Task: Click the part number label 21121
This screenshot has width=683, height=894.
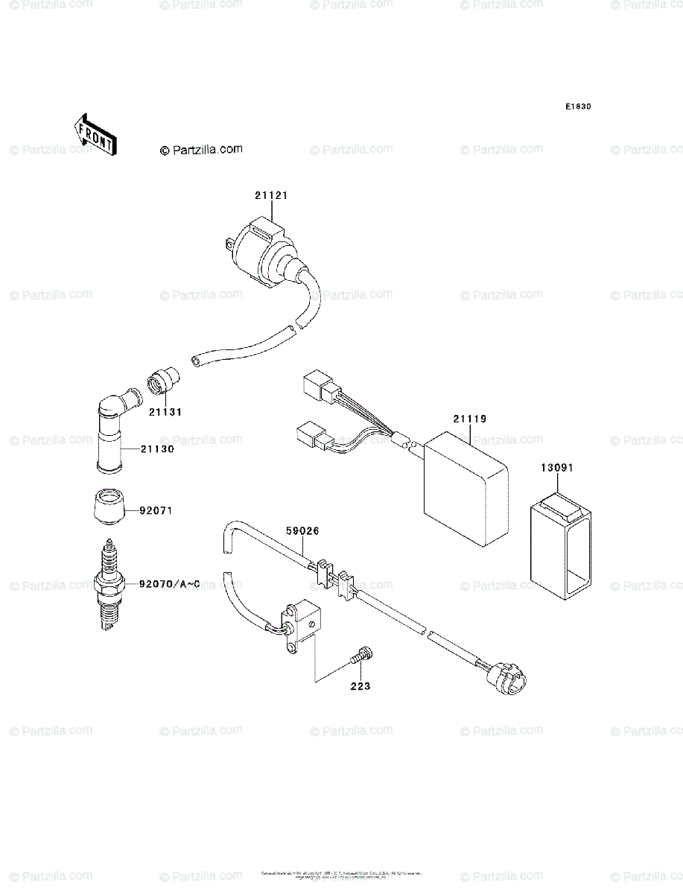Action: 270,195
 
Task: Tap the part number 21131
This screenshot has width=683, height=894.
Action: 165,411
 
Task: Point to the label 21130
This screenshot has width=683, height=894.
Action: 158,449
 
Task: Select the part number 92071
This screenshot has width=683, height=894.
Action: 158,511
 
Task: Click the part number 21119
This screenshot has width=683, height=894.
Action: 471,420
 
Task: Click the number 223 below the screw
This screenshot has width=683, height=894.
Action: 361,686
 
